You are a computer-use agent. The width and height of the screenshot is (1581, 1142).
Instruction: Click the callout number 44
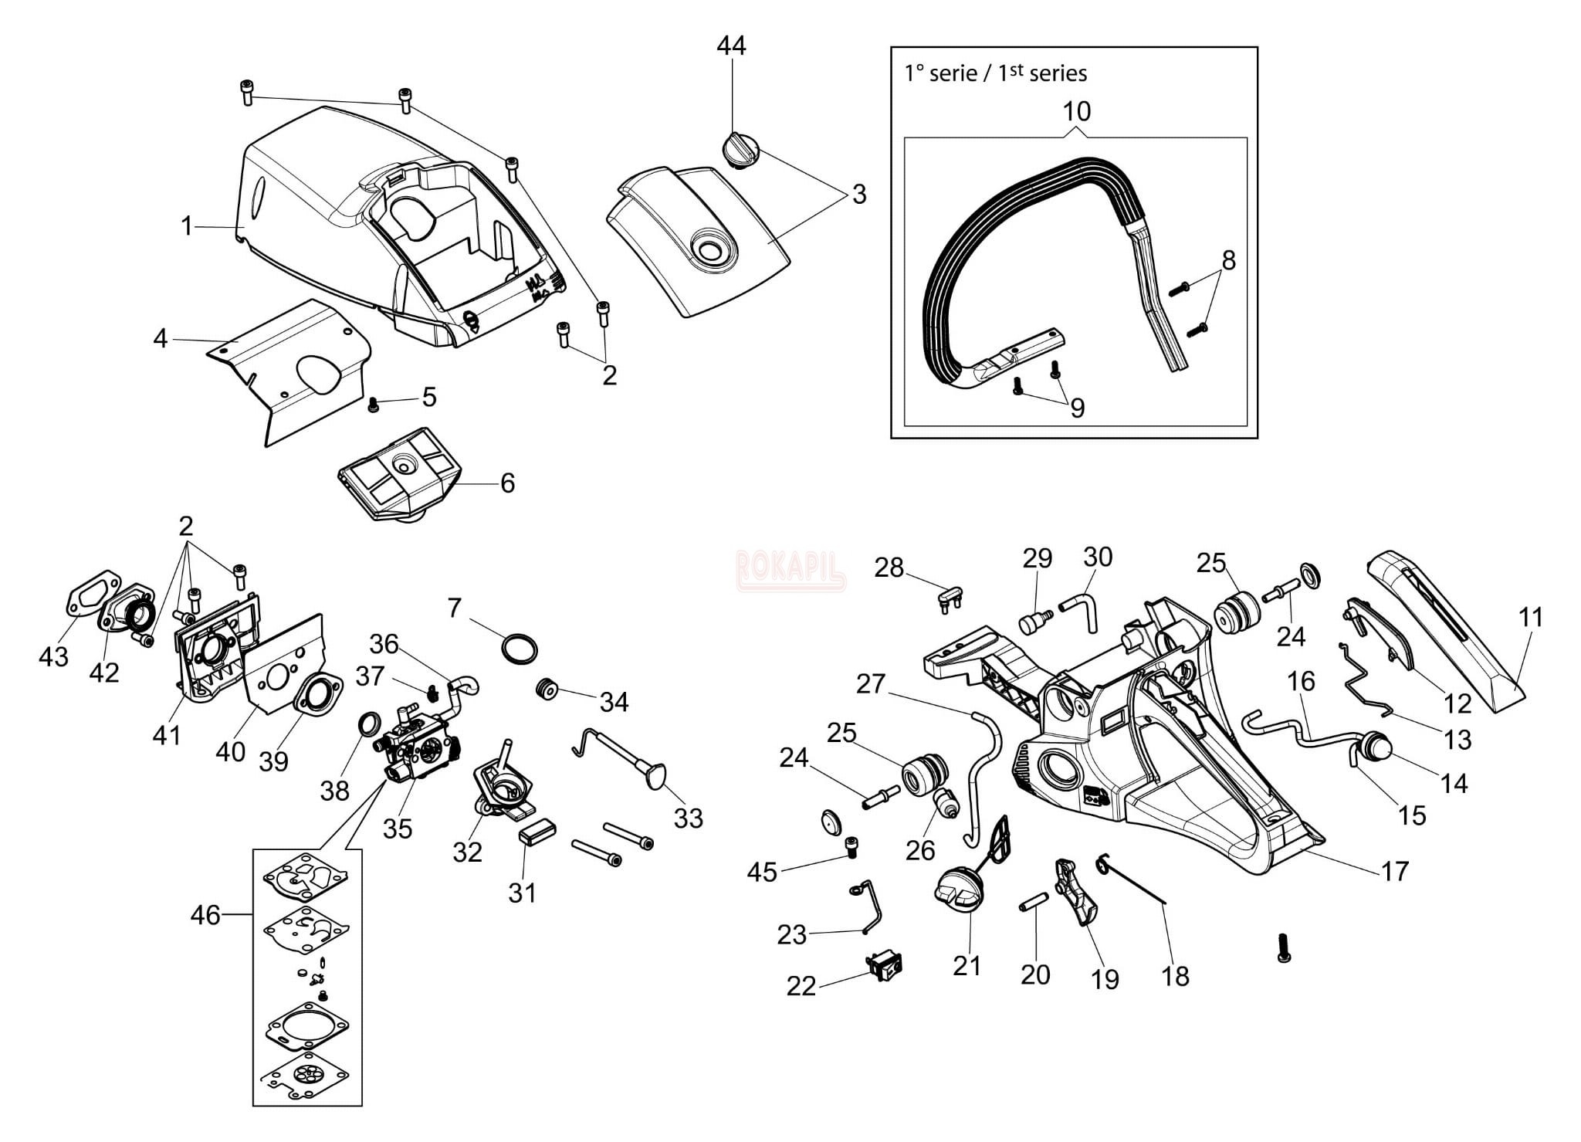pos(731,46)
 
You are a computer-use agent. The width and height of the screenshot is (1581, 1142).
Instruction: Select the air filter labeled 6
pos(400,473)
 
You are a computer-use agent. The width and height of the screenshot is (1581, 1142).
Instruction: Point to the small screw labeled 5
pos(374,404)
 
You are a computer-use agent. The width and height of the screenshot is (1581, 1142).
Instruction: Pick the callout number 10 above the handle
pos(1076,111)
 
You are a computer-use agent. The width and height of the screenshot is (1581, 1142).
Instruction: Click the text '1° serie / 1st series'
pos(996,73)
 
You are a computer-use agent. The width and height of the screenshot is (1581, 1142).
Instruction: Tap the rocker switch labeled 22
pos(885,966)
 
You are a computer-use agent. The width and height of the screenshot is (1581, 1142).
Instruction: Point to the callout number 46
pos(205,915)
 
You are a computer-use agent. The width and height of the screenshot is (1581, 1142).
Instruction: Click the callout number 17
pos(1394,871)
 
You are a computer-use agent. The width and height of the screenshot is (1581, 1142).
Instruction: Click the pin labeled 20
pos(1033,900)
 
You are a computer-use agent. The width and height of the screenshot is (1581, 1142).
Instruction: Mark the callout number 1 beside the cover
pos(186,226)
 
